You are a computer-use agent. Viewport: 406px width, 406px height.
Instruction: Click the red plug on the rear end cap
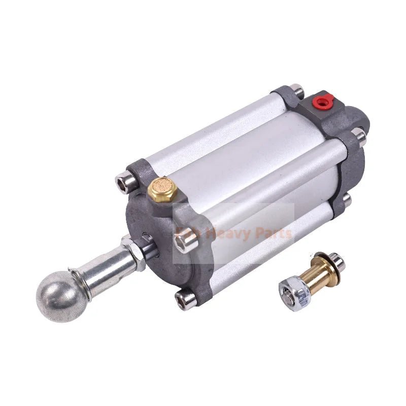(320, 103)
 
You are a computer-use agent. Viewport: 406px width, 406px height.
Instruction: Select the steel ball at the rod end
(56, 296)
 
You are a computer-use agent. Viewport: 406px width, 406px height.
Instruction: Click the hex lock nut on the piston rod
(133, 252)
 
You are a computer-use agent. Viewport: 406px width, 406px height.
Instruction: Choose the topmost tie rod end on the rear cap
(297, 91)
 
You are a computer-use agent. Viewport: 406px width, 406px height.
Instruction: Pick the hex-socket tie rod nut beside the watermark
(184, 243)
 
